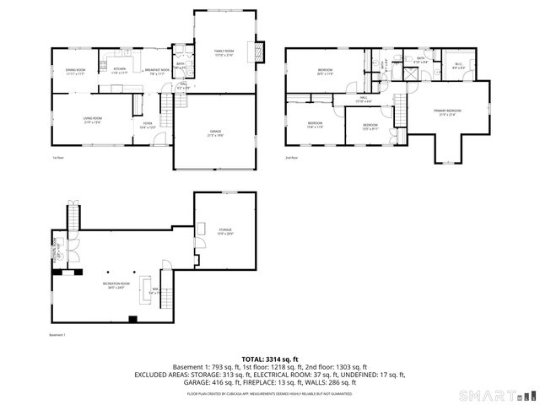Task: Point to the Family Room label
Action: click(x=223, y=53)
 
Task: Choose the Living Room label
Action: click(x=91, y=121)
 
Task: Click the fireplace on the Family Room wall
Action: click(x=261, y=50)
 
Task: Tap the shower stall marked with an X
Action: click(x=409, y=73)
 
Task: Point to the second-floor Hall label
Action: click(x=364, y=100)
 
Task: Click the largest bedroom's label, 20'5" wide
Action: click(x=326, y=72)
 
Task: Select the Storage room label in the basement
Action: click(x=225, y=231)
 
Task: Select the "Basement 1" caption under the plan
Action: click(x=57, y=335)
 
